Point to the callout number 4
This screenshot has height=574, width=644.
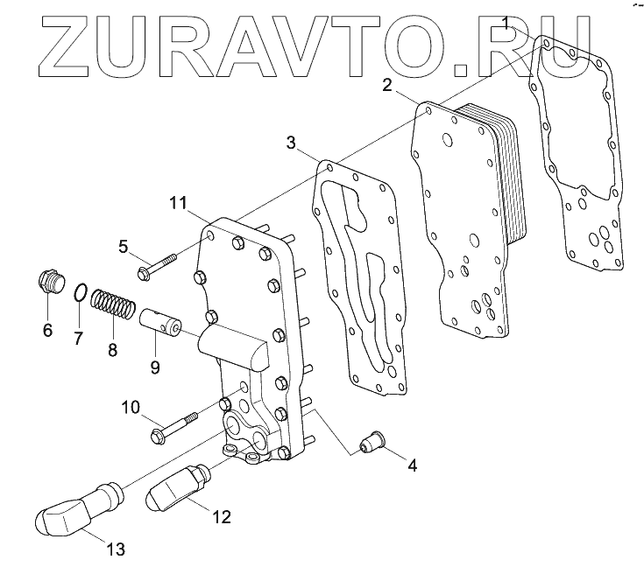pyautogui.click(x=411, y=465)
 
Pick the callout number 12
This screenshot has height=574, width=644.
pyautogui.click(x=223, y=516)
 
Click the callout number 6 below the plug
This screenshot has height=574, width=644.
pyautogui.click(x=46, y=330)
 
